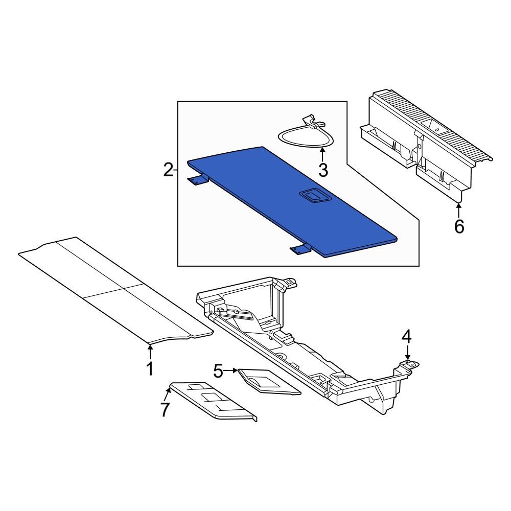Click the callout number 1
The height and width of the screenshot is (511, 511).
coord(150,369)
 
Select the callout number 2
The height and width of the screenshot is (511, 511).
coord(168,170)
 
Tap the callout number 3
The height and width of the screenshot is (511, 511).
coord(323,170)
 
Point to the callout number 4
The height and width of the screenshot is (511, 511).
coord(407,337)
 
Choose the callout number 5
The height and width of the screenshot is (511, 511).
coord(218,371)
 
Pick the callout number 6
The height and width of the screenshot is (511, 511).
coord(459,226)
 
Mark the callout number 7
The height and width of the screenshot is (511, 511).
coord(165,409)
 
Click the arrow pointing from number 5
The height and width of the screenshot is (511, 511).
coord(231,370)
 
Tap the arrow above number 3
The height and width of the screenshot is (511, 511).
coord(322,154)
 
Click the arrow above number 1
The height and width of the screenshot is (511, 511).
coord(150,352)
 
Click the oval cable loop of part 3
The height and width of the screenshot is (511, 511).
coord(306,145)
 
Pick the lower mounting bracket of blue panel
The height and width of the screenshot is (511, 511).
coord(300,249)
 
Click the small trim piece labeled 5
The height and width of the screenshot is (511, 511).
coord(269,382)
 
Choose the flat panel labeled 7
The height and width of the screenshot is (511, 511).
coord(214,401)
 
